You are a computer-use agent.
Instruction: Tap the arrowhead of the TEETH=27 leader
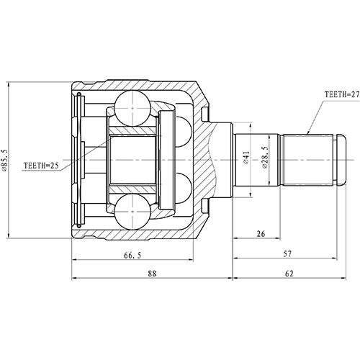point(307,134)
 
